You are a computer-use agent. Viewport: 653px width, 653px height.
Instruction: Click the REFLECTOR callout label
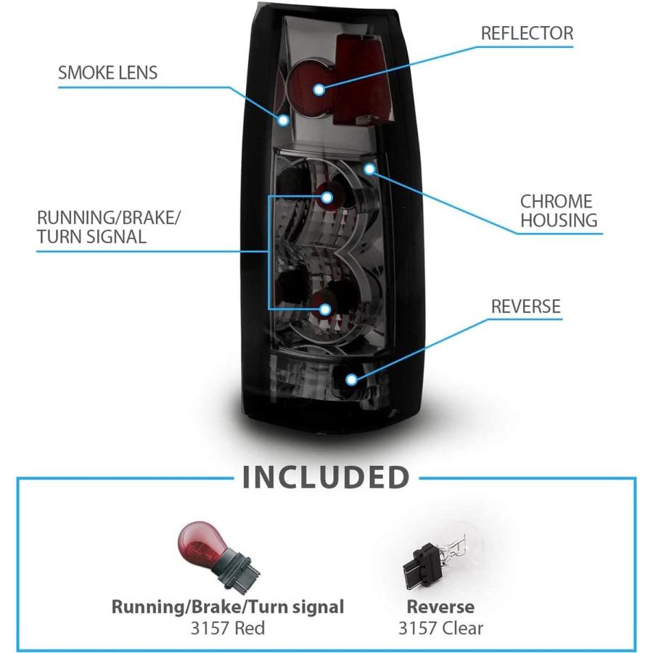[x=527, y=33]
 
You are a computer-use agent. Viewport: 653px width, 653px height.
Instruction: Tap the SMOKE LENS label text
[x=108, y=73]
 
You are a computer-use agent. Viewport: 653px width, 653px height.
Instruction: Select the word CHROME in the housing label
[x=557, y=202]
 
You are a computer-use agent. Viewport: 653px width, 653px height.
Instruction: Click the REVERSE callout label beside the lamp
[x=526, y=306]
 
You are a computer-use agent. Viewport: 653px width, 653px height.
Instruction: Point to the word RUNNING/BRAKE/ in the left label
[x=109, y=218]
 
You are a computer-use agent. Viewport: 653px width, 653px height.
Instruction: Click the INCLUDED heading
[x=326, y=477]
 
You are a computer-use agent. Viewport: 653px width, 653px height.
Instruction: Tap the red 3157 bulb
[x=218, y=553]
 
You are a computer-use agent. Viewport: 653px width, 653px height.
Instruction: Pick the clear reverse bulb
[x=435, y=559]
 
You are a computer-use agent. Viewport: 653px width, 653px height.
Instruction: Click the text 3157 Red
[x=228, y=628]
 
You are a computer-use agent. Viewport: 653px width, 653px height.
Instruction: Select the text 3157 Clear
[x=440, y=628]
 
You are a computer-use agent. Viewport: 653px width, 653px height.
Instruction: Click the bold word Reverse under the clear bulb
[x=440, y=607]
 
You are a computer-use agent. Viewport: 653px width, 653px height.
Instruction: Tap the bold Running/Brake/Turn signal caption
[x=228, y=607]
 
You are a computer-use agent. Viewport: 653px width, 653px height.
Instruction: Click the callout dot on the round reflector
[x=319, y=89]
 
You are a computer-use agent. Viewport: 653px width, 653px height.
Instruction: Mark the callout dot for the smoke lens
[x=284, y=120]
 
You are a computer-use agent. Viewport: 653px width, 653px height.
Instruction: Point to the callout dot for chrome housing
[x=369, y=168]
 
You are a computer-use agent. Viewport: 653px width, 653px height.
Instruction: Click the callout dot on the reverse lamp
[x=352, y=379]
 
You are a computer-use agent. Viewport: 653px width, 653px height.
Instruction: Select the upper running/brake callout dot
[x=326, y=197]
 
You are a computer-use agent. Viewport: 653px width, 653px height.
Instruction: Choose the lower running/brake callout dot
[x=325, y=309]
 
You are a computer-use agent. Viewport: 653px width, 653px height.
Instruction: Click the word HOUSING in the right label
[x=559, y=221]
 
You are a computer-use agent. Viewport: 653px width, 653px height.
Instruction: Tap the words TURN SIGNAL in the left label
[x=91, y=237]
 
